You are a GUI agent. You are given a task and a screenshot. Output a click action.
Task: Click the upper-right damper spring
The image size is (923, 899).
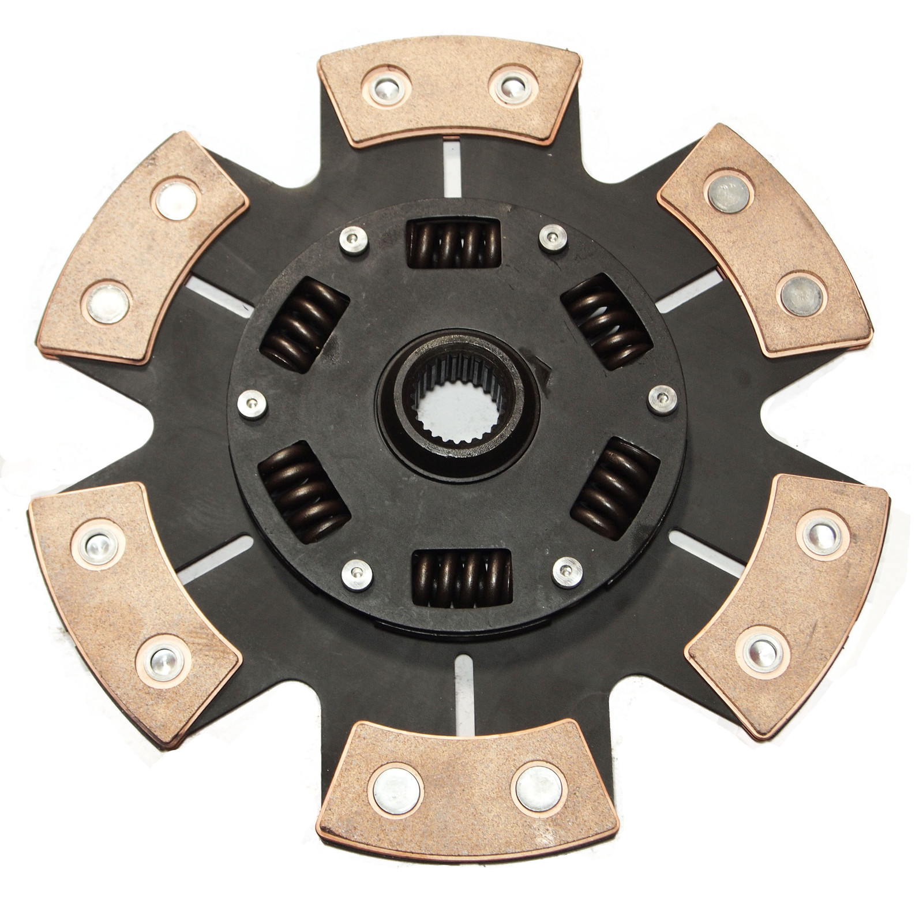pyautogui.click(x=606, y=322)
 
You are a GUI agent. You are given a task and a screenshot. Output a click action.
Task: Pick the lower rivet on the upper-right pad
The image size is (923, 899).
pyautogui.click(x=802, y=295)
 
